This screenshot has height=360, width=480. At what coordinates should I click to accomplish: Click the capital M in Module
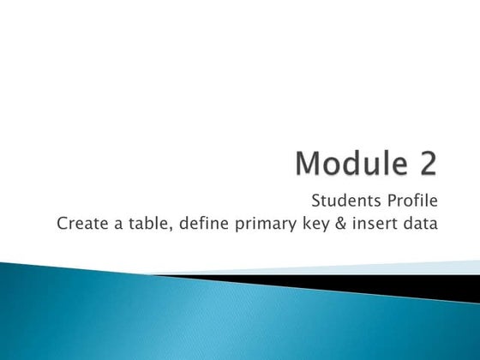tap(310, 163)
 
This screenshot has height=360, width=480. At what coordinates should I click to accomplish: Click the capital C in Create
tap(61, 225)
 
